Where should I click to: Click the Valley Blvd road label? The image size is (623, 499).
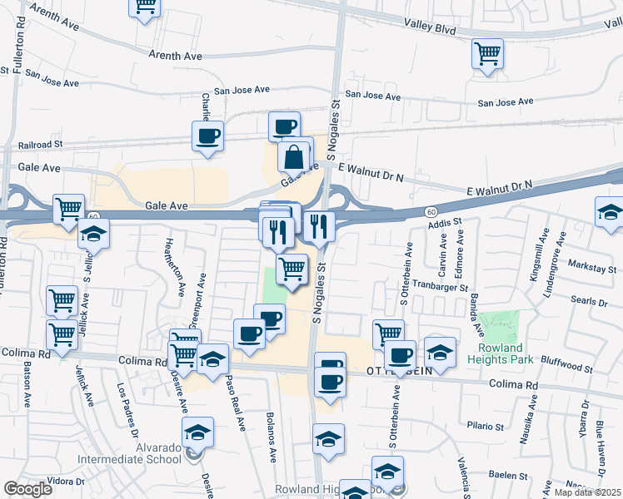430,28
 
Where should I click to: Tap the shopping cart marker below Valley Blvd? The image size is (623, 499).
487,54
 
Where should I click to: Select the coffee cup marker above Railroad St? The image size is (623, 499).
207,136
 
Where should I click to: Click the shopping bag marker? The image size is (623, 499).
295,156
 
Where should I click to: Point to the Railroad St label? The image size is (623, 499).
41,144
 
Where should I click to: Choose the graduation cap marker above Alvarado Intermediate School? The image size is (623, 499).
197,433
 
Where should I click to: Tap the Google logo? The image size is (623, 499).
28,489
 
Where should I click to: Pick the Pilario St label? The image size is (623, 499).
486,425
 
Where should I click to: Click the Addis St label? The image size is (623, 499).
444,224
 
